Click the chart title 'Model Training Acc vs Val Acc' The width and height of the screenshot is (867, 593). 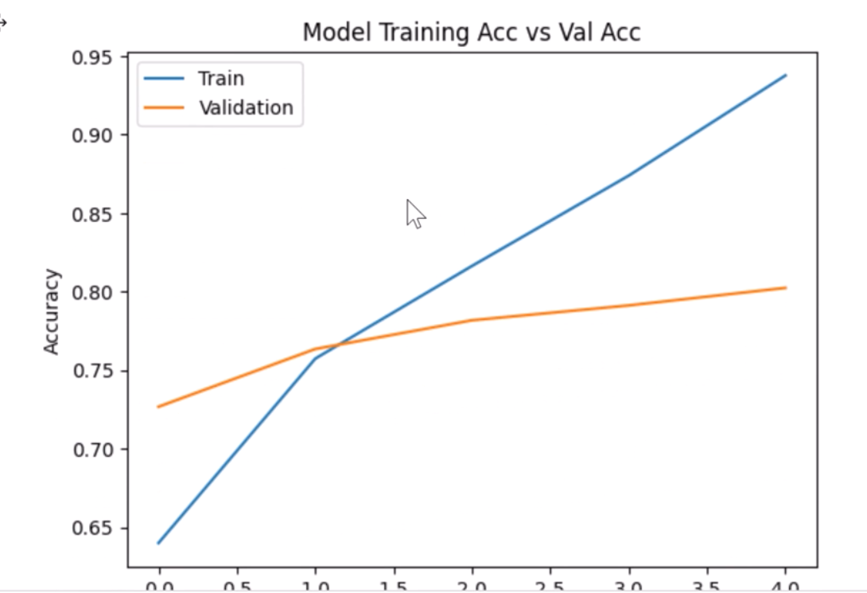(472, 32)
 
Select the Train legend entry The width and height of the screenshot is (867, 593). (221, 79)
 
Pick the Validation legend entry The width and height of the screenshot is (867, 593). (246, 107)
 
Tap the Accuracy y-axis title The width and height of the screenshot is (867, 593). (52, 311)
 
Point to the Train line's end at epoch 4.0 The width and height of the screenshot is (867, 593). (786, 75)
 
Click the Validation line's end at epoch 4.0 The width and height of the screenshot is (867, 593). (786, 287)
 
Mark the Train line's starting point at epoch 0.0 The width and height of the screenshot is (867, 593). (159, 543)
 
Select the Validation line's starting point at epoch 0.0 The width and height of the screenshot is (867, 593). (159, 407)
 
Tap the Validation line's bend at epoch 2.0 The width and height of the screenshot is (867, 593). (472, 320)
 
